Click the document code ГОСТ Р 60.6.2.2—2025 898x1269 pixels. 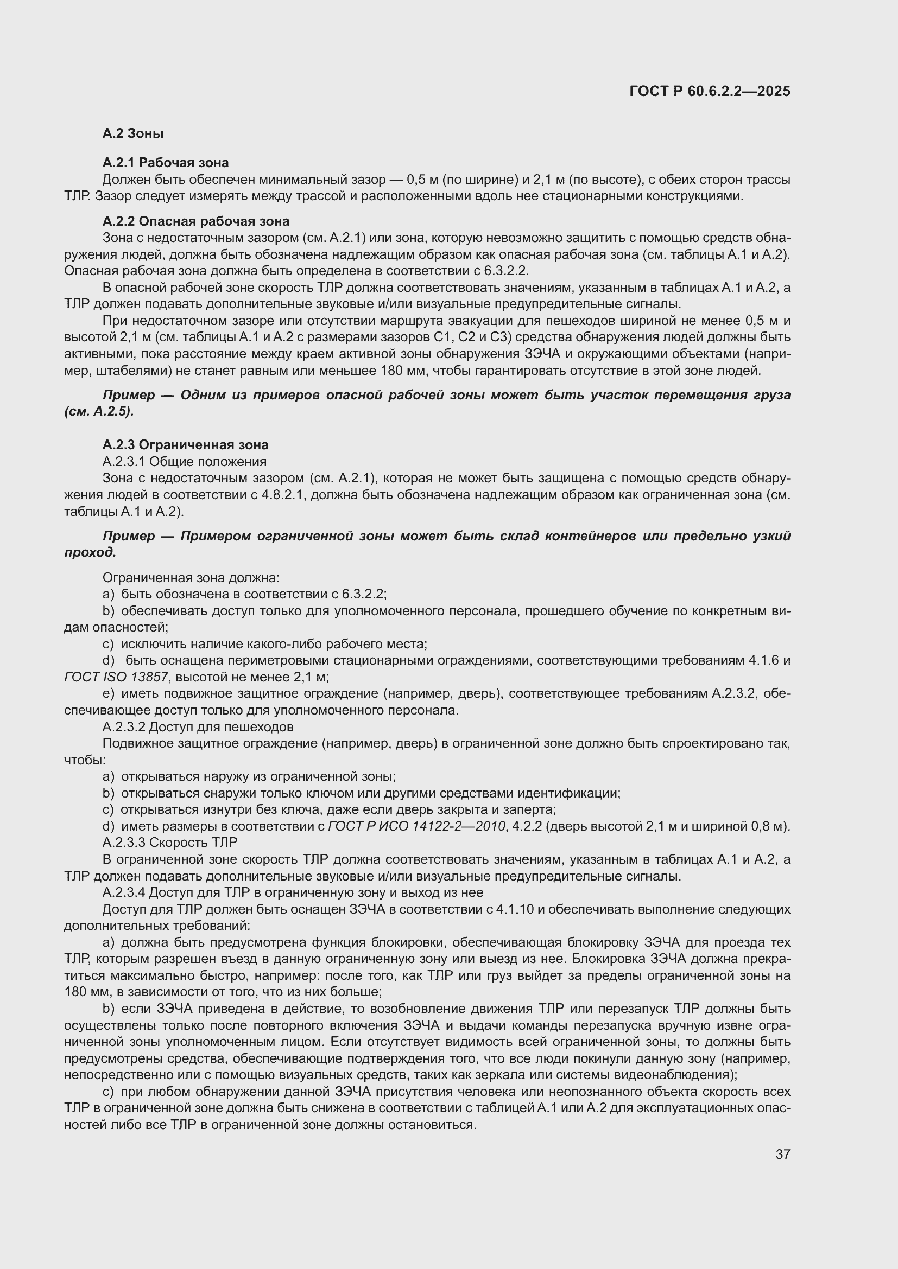pos(710,92)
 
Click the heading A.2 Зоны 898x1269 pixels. pos(132,133)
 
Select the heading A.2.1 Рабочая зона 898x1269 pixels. pos(166,163)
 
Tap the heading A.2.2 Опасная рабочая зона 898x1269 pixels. pos(196,221)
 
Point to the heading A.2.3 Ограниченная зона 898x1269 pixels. pos(185,444)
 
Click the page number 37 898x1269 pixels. pos(782,1154)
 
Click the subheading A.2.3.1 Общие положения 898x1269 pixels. pos(184,461)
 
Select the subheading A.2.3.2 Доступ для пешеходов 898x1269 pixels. pos(198,726)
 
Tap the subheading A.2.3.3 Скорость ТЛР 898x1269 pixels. pos(169,843)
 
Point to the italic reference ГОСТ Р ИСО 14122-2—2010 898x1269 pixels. pos(416,826)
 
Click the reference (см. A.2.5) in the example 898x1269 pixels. pos(98,412)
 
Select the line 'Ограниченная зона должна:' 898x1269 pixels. pos(191,578)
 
